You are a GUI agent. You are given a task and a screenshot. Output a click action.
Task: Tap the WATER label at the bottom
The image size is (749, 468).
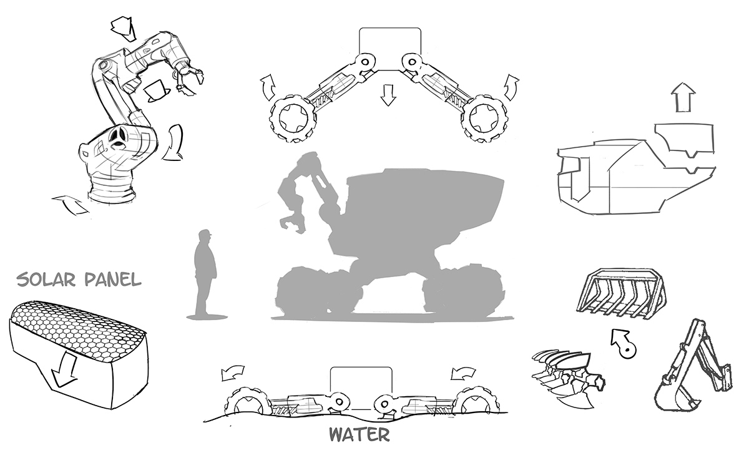359,434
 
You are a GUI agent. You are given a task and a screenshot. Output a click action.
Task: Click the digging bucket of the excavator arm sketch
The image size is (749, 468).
675,397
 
